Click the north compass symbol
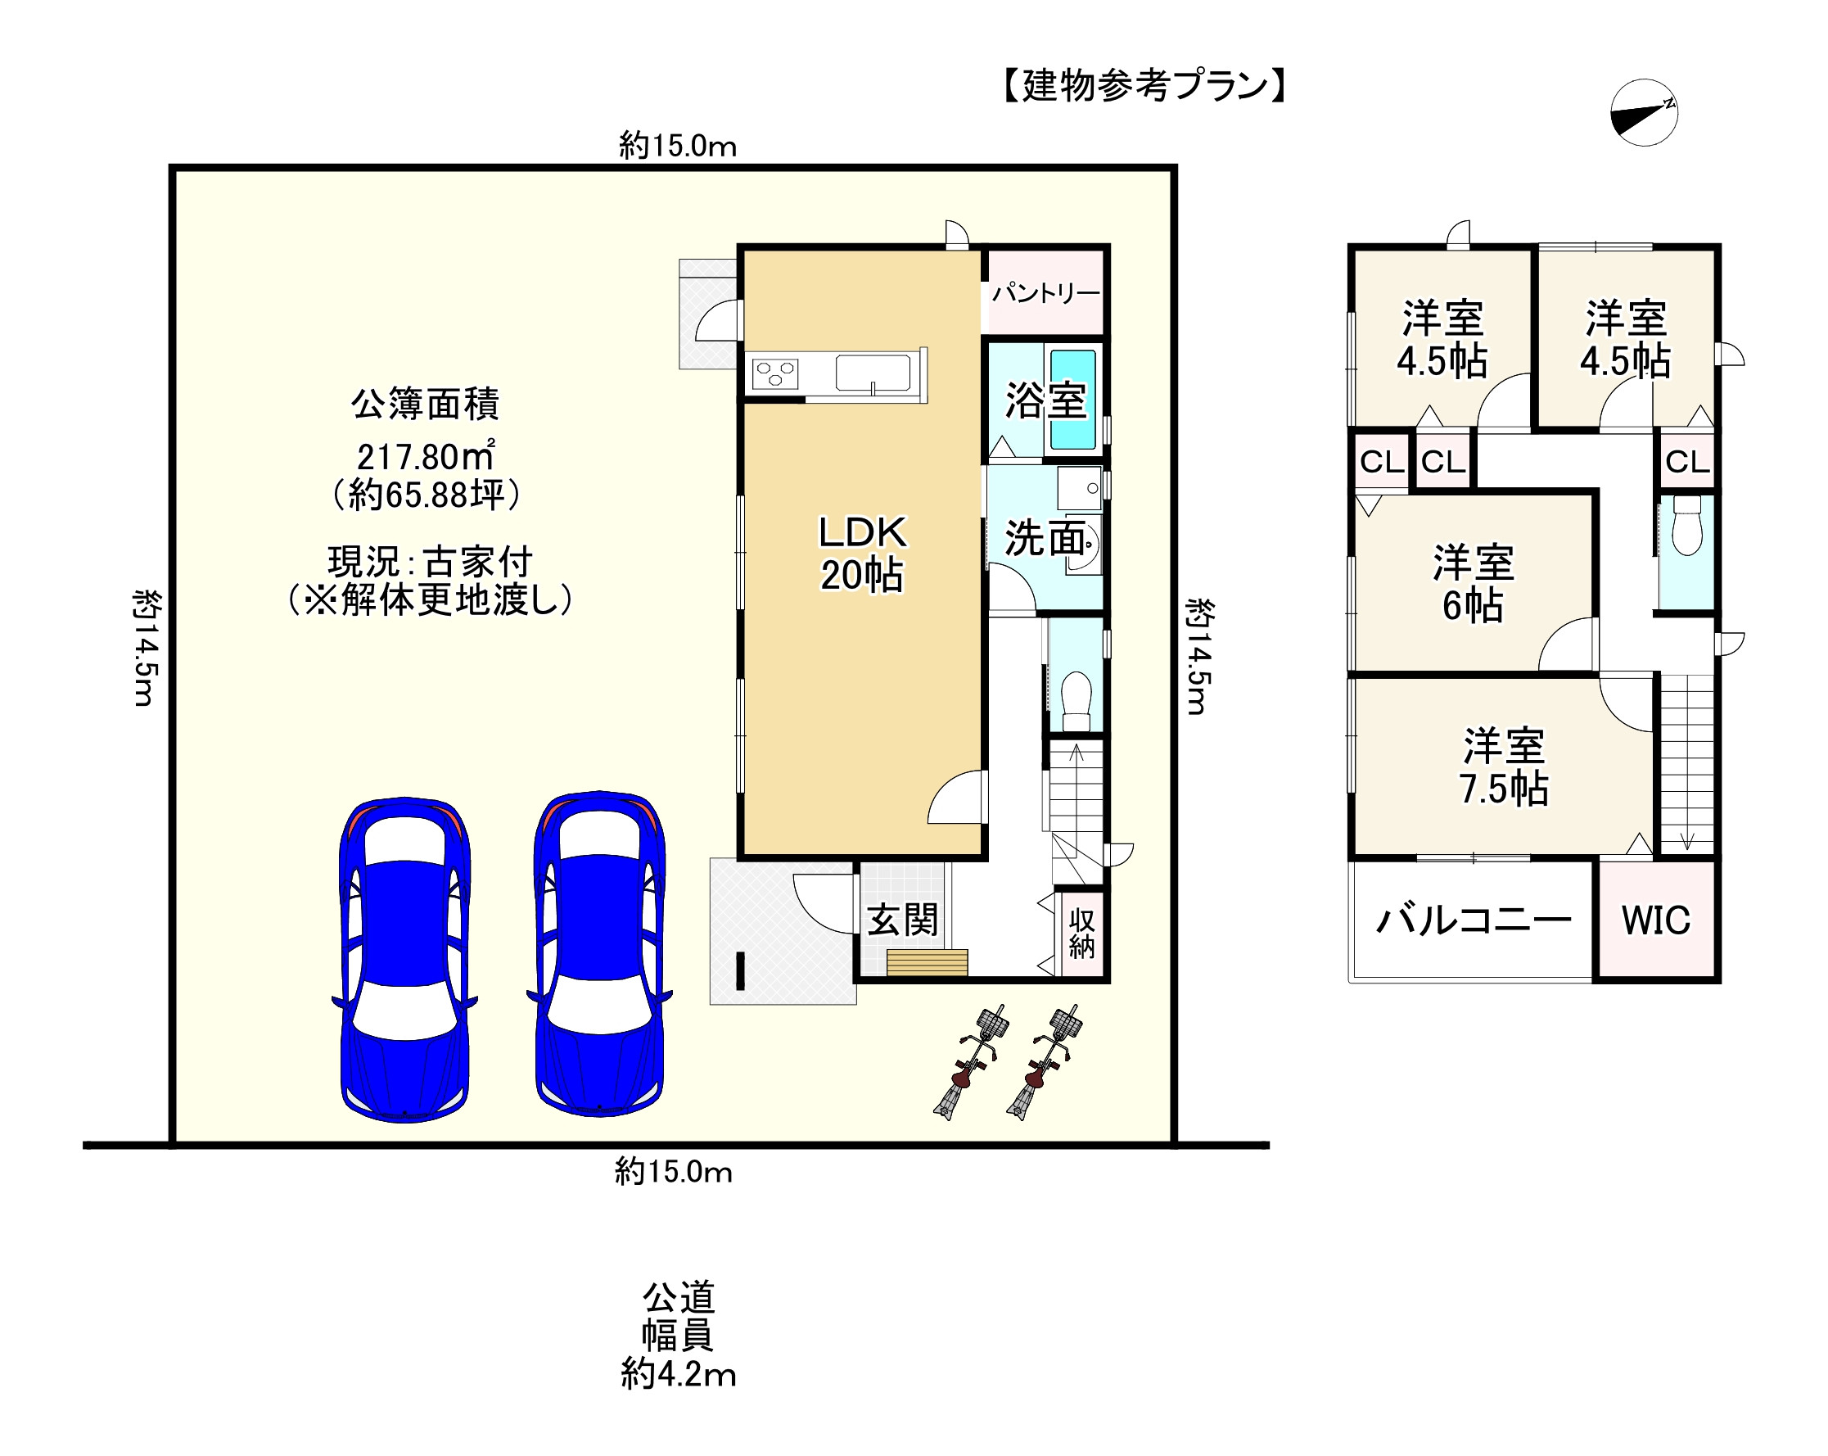(1643, 113)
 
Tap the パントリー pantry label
(1045, 293)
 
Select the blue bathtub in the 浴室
(1072, 400)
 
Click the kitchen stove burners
(775, 374)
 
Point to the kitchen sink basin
(873, 373)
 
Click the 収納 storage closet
(1081, 933)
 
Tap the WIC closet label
(1656, 921)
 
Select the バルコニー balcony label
(1474, 920)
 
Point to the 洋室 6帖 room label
(1473, 584)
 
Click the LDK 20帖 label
(861, 554)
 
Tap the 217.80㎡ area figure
(425, 457)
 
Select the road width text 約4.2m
(678, 1374)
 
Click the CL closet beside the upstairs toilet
(1686, 462)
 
